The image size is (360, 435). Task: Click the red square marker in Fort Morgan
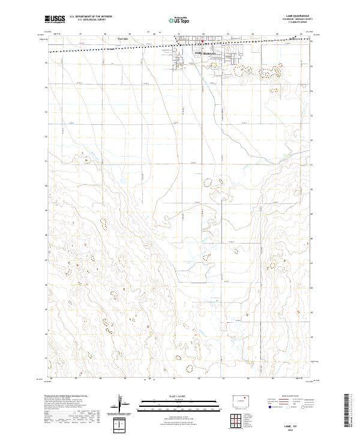coord(203,42)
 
